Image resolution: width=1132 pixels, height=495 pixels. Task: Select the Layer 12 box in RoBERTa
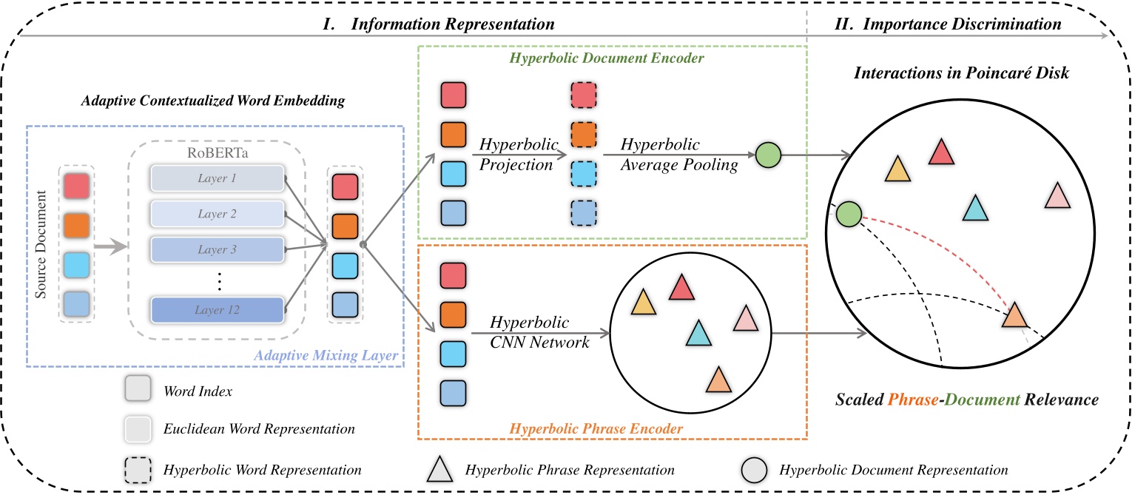[217, 309]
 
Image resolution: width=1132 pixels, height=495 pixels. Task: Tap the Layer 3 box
[217, 249]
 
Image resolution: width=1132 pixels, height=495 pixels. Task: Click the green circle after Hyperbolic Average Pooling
[769, 156]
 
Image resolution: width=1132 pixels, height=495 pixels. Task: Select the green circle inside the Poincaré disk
[849, 215]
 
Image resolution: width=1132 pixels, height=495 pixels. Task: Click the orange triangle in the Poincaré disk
[1014, 316]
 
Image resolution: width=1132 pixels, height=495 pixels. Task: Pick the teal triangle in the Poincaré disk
[975, 209]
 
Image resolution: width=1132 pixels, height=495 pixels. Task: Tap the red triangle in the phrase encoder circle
[681, 288]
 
